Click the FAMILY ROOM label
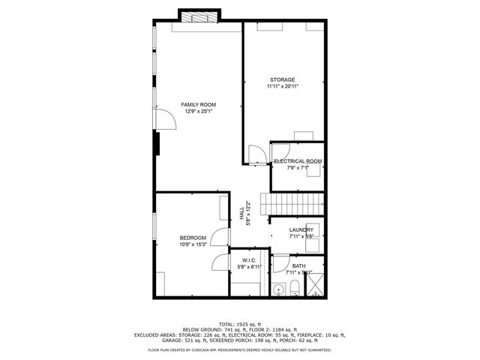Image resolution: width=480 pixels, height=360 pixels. coord(198,104)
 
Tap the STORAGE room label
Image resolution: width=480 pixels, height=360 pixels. coord(283,79)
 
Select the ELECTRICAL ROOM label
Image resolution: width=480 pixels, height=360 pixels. coord(298,161)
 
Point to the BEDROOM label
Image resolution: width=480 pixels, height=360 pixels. coord(193,237)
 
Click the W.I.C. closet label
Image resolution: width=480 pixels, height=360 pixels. coord(249,259)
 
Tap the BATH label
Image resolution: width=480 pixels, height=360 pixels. coord(298,265)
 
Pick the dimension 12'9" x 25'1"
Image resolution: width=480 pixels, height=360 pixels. coord(198,112)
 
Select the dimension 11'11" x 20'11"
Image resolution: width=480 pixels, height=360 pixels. coord(283,87)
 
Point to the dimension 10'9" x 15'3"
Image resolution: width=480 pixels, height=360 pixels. coord(193,244)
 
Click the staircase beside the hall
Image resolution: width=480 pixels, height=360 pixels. coord(291,203)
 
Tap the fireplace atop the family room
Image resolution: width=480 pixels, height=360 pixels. coord(199,16)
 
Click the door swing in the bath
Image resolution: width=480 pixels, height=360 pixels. coord(280,264)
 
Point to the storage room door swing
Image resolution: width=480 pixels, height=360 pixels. coord(256,152)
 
